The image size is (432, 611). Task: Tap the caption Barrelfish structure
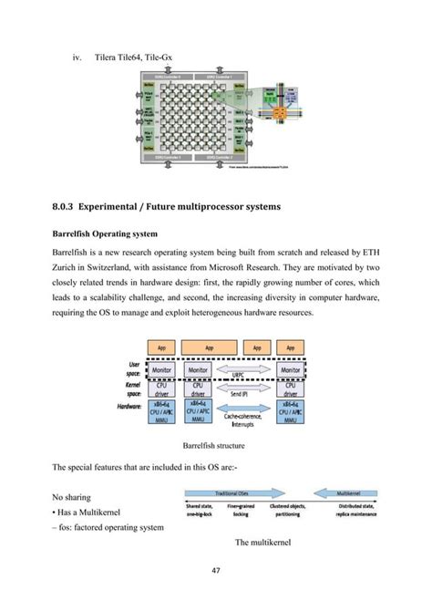(216, 447)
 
